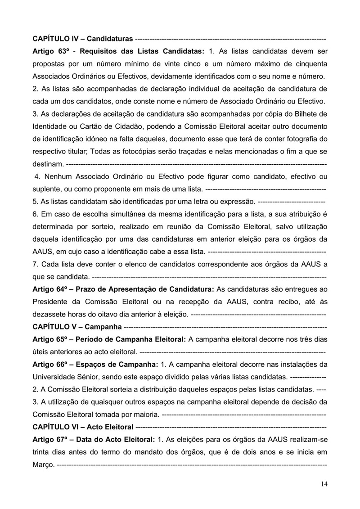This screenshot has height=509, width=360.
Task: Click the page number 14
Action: (x=324, y=484)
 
